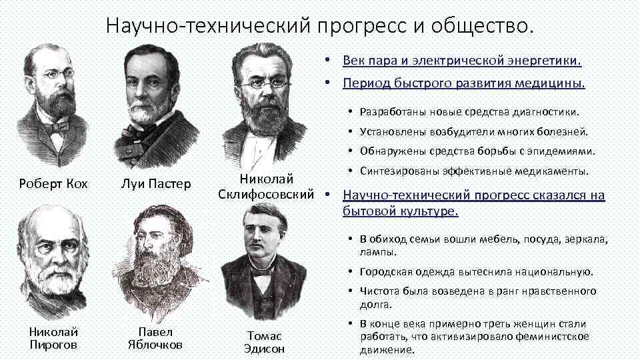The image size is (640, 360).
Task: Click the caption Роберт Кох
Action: coord(53,183)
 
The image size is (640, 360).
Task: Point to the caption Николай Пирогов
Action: coord(53,338)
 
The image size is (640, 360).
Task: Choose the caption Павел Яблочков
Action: coord(155,338)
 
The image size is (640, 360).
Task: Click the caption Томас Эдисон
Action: coord(264,342)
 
